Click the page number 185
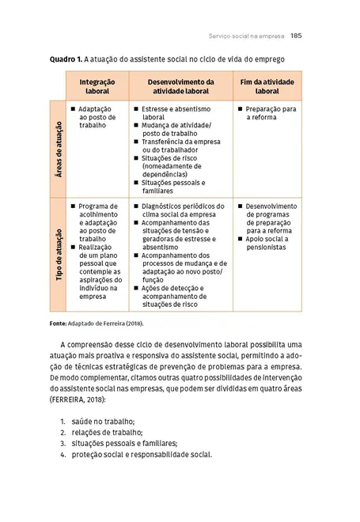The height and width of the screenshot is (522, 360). pos(298,35)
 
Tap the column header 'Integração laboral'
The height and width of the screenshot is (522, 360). pos(97,86)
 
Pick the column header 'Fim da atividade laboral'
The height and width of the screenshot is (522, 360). pos(267,86)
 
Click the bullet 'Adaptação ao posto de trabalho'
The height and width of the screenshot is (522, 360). pos(96,117)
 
